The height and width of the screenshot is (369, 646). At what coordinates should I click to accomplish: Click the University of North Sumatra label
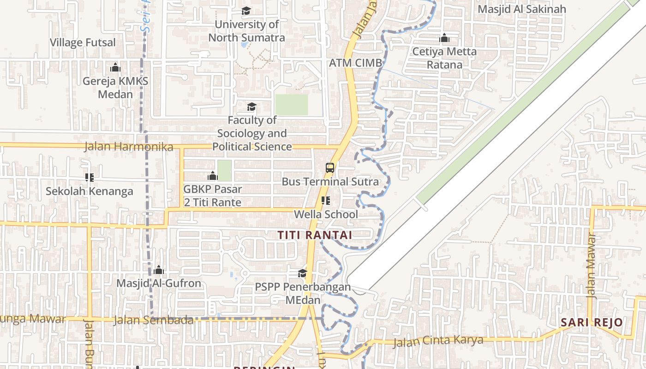pos(246,31)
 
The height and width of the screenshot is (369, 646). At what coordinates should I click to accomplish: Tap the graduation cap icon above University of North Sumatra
pos(246,11)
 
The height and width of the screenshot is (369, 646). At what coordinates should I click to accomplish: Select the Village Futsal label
pos(83,42)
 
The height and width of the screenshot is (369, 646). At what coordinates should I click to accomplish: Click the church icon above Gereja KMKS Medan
pos(115,68)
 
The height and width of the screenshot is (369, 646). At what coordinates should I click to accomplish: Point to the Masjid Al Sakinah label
pos(522,9)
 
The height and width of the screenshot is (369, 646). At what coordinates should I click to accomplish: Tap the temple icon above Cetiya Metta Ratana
pos(444,38)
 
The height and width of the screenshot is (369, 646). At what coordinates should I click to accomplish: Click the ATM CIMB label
pos(356,63)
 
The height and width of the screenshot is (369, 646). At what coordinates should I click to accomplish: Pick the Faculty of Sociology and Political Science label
pos(252,133)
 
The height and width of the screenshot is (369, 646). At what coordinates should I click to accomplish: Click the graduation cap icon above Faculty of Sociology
pos(251,107)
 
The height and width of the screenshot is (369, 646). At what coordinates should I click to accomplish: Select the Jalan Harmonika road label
pos(129,147)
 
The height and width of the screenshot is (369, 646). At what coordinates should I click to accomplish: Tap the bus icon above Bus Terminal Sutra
pos(330,168)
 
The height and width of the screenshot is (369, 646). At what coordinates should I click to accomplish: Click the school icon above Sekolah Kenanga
pos(90,177)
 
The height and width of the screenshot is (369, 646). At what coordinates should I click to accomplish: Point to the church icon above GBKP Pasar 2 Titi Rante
pos(213,176)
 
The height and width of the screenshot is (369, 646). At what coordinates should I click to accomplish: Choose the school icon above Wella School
pos(326,201)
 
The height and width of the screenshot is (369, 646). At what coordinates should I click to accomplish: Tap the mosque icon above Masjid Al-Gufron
pos(159,269)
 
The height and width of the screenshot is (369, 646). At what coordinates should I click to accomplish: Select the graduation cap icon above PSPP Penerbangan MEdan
pos(302,273)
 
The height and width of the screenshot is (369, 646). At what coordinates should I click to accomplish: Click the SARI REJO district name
pos(592,322)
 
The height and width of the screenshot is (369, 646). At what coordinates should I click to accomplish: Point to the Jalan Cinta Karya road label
pos(438,341)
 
